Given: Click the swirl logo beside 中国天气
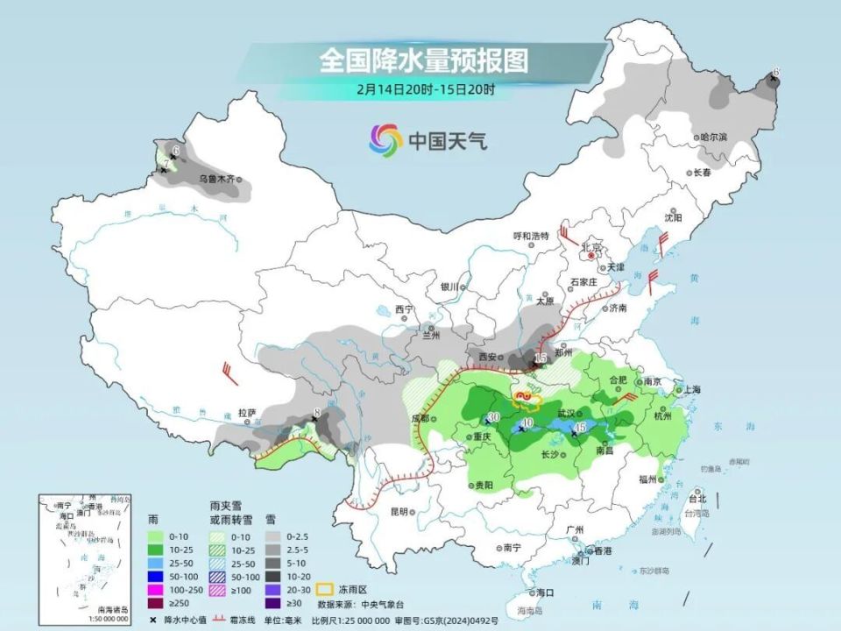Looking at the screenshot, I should (385, 138).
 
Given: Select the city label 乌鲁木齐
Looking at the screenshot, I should (216, 179).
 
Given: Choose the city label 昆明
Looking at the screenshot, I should (399, 512).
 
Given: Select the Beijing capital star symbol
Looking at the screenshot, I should (593, 256).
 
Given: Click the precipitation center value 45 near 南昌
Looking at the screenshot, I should (580, 427).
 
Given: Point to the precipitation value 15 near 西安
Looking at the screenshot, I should (541, 358).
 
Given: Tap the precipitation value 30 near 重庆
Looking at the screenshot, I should (493, 416).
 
